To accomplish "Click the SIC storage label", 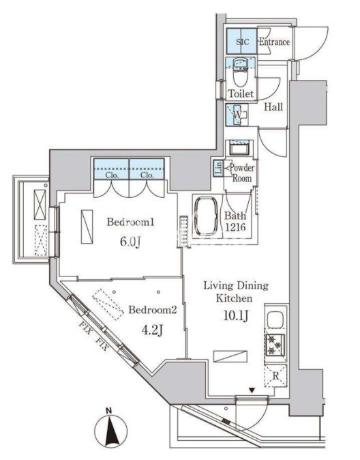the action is tap(243, 42).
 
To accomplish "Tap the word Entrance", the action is tap(274, 42).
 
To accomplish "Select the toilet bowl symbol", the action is tap(241, 75).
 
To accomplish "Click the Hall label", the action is tap(273, 106).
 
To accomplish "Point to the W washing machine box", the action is tap(237, 115).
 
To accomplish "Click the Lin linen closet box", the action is tap(218, 169).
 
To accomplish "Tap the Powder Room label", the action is tap(242, 173).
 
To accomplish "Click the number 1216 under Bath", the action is tap(235, 227).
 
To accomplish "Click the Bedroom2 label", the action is tap(153, 310).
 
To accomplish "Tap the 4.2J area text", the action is tap(152, 330).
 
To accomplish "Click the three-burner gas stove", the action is tap(275, 345).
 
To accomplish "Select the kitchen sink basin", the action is tap(275, 320).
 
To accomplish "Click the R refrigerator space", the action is tap(275, 376).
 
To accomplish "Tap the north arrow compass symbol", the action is tap(111, 431).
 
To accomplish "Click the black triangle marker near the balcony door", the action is tap(252, 390).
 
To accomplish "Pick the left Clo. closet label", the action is tap(112, 175).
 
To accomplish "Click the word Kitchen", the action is tap(235, 298).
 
